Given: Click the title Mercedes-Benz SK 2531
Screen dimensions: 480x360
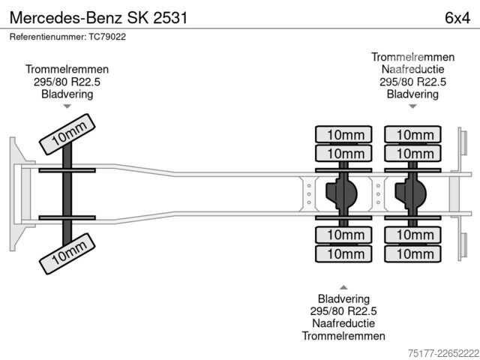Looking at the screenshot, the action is (x=98, y=18).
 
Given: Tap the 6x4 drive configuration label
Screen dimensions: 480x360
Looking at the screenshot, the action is (x=457, y=18).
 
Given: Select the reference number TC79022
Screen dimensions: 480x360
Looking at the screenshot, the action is (x=107, y=37).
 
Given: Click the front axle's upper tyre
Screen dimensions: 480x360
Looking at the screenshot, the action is (x=67, y=134).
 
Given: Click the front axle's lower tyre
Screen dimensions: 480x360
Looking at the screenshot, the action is (x=67, y=253).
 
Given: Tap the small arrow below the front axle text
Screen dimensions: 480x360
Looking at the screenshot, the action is (x=67, y=106).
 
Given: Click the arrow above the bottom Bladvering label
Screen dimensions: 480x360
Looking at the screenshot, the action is (x=343, y=287).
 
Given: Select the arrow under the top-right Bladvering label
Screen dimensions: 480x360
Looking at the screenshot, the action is (x=412, y=106).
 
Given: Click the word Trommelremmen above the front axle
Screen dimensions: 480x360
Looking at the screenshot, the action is (x=67, y=69).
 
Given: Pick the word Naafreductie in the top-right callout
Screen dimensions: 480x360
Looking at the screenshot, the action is (x=412, y=69).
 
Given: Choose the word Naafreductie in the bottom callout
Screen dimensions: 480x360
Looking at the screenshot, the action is (x=343, y=323).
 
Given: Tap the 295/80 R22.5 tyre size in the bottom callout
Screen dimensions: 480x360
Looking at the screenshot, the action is (x=343, y=311).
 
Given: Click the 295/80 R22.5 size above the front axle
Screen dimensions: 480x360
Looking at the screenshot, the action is (x=67, y=82).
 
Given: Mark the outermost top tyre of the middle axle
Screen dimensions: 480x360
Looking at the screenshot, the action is (x=343, y=134).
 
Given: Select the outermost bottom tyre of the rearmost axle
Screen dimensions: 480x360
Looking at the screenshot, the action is (x=412, y=253).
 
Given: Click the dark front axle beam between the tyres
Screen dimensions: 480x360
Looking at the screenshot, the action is (x=67, y=194).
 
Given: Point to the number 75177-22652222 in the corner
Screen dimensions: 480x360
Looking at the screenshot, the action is (x=443, y=353).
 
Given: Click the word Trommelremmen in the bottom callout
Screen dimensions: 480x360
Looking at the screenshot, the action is (x=343, y=336).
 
